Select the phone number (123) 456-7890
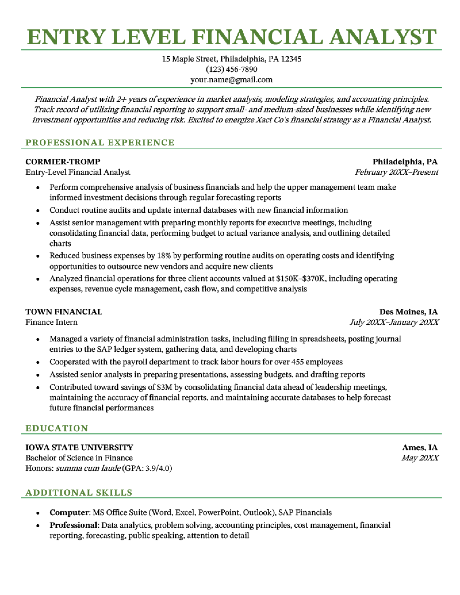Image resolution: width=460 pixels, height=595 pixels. click(231, 69)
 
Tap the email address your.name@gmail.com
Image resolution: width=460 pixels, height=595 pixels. click(231, 79)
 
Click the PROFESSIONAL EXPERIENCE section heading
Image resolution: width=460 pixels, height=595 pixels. click(100, 143)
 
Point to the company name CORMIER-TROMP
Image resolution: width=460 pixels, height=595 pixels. click(63, 162)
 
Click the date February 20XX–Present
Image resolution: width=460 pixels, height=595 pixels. click(396, 172)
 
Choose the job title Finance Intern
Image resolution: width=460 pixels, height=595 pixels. click(51, 322)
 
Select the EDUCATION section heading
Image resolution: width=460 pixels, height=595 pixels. click(57, 428)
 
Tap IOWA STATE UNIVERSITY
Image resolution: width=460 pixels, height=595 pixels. click(79, 447)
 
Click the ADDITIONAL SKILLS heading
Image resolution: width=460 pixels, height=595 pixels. click(79, 493)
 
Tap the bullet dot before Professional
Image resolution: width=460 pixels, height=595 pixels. click(38, 525)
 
